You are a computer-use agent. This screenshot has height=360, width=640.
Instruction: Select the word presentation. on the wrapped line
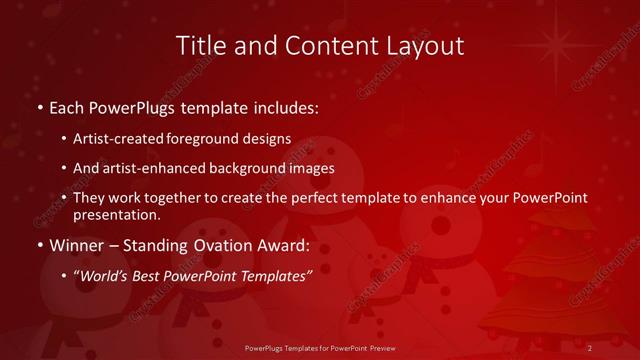tap(117, 214)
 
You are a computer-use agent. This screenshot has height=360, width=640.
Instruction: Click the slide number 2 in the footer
tap(591, 348)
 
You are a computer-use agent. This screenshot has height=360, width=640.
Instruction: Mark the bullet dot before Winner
tap(38, 245)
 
